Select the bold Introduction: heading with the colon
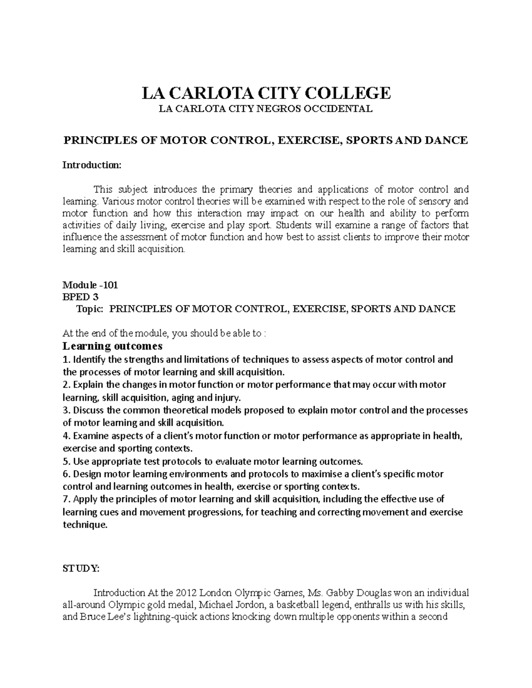click(91, 165)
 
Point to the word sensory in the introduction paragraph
click(432, 201)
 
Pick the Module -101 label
click(90, 285)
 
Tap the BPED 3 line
click(81, 297)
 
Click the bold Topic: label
click(90, 309)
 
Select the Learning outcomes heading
click(113, 346)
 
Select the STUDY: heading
click(81, 570)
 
